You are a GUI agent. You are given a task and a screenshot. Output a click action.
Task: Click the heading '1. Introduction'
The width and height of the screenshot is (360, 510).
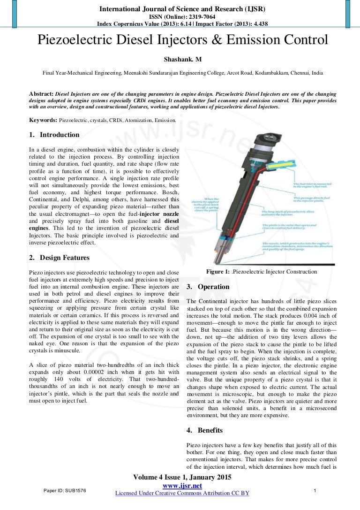54,135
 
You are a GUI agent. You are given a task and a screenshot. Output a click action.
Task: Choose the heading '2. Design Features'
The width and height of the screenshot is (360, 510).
60,258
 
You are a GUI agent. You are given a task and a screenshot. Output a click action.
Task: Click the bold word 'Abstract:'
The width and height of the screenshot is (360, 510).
41,93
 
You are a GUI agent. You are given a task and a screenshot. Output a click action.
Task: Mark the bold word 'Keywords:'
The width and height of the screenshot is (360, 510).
43,120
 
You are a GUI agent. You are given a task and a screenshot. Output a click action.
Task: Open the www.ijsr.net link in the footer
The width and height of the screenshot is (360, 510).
182,486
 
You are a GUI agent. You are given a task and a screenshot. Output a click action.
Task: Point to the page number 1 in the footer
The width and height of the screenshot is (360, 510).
315,490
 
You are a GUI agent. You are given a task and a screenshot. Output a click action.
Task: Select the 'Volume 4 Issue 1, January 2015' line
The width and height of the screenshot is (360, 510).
182,478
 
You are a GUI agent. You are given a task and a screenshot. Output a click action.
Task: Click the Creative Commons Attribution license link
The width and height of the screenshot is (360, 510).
182,493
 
